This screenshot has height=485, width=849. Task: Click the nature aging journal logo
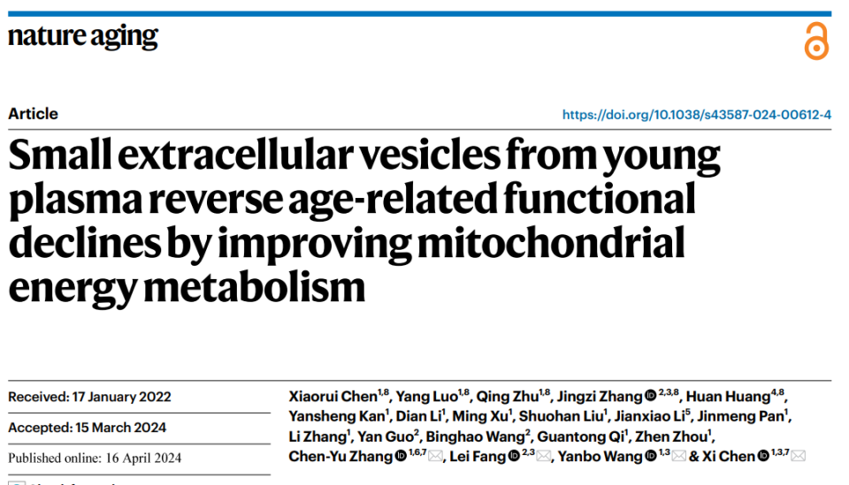(x=83, y=37)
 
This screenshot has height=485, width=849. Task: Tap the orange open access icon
(x=815, y=42)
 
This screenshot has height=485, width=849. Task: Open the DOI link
(x=697, y=115)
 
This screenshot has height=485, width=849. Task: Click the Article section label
(x=34, y=114)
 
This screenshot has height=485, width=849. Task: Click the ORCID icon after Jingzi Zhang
(x=650, y=396)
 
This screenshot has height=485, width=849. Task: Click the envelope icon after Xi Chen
(x=799, y=457)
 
